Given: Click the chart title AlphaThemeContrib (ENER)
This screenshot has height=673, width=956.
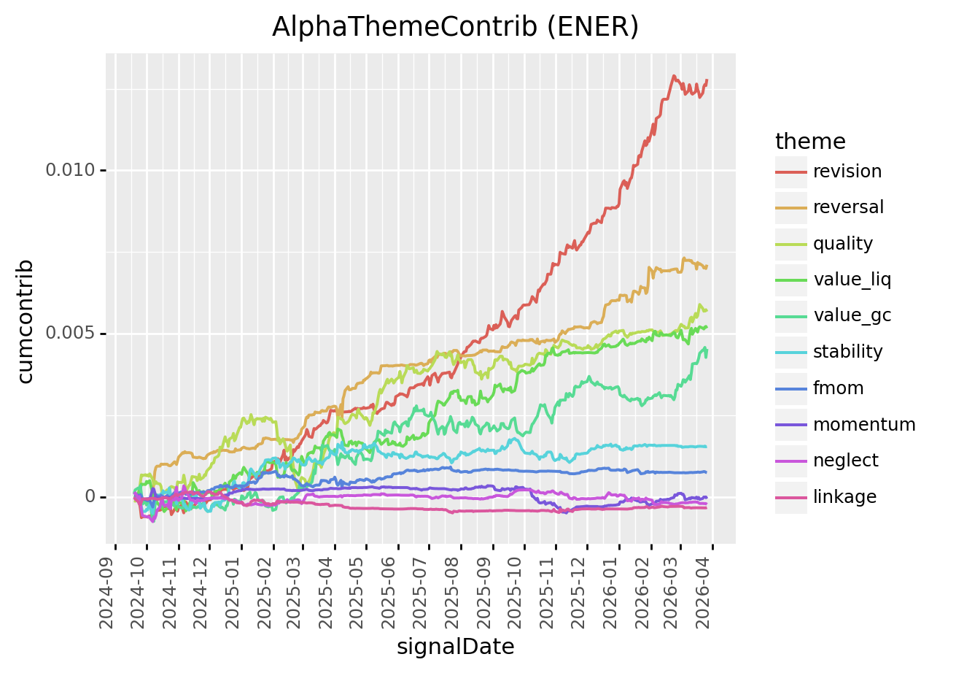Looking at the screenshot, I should pos(455,27).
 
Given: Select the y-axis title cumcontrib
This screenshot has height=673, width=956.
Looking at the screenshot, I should pos(26,320).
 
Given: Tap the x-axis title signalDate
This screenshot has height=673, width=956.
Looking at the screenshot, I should pos(455,647).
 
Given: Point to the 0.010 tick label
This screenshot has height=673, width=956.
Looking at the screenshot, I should pos(71,170).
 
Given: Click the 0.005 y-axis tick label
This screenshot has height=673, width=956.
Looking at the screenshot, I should pos(71,334).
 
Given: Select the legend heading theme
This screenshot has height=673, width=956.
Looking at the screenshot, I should pos(810,141).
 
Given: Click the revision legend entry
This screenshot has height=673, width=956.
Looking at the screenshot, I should pos(847,172).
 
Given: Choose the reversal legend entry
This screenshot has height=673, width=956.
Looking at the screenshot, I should pos(848,207).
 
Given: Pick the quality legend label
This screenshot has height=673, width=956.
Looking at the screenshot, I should pos(842,244).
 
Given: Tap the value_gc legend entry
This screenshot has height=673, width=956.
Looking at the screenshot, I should pos(852,316).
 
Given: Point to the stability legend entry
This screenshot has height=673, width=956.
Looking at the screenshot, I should pos(847,352).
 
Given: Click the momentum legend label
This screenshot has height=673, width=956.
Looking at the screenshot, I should pos(863,425).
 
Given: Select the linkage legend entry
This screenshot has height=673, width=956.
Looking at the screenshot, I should pos(844,497).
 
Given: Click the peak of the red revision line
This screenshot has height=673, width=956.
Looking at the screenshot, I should pos(674,76).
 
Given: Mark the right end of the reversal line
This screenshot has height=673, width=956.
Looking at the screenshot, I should pos(707,266).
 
